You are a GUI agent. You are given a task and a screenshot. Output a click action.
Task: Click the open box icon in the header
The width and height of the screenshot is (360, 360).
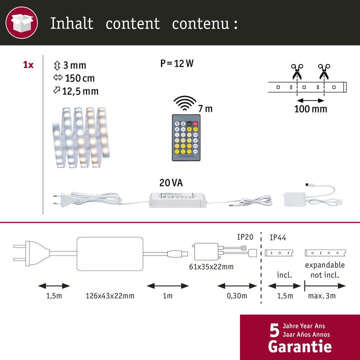pyautogui.click(x=22, y=22)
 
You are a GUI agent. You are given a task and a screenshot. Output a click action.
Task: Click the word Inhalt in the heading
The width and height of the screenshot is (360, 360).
pyautogui.click(x=71, y=23)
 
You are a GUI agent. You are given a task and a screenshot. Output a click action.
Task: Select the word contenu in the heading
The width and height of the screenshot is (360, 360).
pyautogui.click(x=199, y=23)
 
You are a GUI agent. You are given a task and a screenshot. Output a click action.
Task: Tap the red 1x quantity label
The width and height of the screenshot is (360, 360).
pyautogui.click(x=28, y=65)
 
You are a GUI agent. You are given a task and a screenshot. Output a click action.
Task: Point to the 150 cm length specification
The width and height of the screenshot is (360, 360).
pyautogui.click(x=75, y=78)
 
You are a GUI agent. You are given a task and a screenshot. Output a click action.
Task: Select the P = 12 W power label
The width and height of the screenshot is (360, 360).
pyautogui.click(x=176, y=63)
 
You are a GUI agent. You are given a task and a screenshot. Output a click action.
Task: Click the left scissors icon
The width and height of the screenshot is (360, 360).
pyautogui.click(x=296, y=70)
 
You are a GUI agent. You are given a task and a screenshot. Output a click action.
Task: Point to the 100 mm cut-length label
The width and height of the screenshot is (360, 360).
pyautogui.click(x=310, y=108)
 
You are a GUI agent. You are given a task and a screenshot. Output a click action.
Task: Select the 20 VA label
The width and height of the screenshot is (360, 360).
pyautogui.click(x=171, y=183)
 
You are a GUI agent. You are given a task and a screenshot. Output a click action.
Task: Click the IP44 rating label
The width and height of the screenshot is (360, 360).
pyautogui.click(x=278, y=237)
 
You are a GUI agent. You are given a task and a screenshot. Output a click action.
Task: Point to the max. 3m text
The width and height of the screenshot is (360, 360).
pyautogui.click(x=321, y=296)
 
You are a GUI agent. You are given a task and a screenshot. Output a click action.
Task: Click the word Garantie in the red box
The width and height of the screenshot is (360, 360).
pyautogui.click(x=299, y=346)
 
